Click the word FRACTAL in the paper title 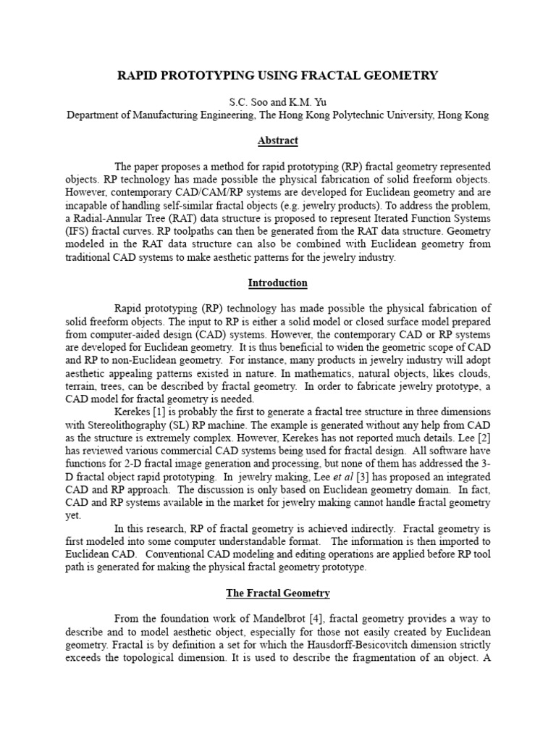[313, 75]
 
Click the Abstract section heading [277, 141]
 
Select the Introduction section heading [277, 283]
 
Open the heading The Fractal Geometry [277, 593]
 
